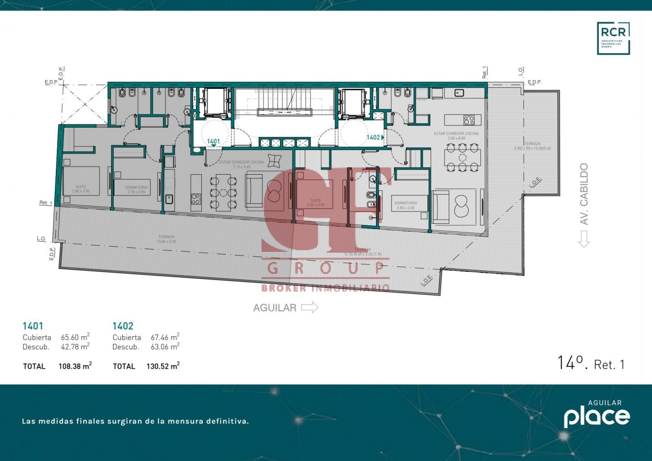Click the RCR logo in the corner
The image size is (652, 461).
613,38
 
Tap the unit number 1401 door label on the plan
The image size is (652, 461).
213,142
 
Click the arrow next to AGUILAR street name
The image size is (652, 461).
310,307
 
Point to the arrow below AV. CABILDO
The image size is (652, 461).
584,239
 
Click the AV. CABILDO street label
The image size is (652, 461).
584,194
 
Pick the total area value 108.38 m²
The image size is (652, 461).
75,366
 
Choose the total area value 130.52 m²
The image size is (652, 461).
163,366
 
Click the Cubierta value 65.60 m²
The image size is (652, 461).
75,337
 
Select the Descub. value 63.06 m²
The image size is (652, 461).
165,346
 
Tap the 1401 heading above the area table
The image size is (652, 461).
33,326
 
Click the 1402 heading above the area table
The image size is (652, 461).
123,326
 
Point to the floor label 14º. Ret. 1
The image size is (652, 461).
591,363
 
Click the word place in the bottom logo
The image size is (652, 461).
597,417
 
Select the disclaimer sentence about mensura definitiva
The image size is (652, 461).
135,421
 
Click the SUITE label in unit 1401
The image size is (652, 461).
81,187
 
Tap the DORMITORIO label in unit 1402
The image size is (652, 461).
405,203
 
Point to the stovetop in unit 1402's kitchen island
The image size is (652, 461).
469,119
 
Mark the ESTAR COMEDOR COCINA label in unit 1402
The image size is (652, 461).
456,133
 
